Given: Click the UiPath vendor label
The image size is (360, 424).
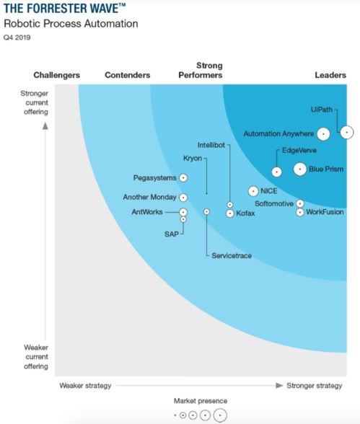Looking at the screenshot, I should (322, 109).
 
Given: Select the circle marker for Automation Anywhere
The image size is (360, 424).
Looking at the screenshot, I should (323, 133).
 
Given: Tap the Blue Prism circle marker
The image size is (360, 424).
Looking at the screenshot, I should (299, 169).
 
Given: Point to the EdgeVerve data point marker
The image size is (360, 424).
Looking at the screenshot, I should (276, 172).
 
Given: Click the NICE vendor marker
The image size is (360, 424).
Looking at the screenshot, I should (253, 191).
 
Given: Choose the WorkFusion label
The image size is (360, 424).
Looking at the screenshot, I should (325, 213).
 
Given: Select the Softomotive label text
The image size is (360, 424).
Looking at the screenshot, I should (274, 203).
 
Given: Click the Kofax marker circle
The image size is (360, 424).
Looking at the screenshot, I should (229, 213).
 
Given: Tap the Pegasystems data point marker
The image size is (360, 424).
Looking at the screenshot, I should (183, 177).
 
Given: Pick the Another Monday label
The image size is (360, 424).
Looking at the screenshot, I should (149, 197).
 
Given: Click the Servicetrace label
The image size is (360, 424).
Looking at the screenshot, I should (232, 256).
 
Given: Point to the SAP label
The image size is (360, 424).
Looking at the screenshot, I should (171, 234).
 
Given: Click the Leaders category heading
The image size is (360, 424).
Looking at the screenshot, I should (330, 75).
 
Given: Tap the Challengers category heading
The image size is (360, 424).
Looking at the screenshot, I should (56, 75).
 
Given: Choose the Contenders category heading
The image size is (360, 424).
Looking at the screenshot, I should (127, 75).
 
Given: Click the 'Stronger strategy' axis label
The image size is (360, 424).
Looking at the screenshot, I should (314, 386).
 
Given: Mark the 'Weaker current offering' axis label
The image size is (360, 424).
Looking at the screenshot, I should (35, 356).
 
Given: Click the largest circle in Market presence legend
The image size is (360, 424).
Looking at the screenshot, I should (219, 415).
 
